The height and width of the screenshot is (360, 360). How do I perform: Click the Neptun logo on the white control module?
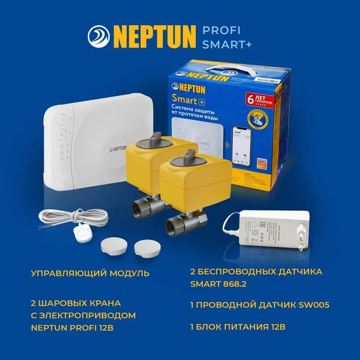[x=117, y=148]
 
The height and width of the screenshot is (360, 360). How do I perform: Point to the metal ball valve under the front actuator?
[x=185, y=222]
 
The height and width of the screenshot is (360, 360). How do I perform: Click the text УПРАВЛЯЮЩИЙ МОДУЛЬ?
[x=90, y=273]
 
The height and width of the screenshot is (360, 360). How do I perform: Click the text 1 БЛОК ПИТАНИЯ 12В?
[x=238, y=327]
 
